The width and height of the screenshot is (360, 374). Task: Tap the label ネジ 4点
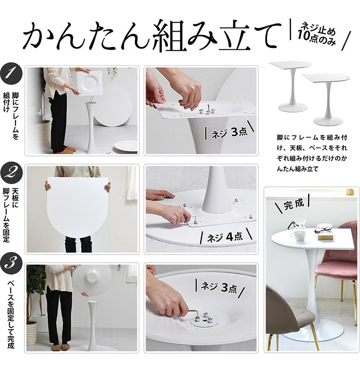click(x=226, y=236)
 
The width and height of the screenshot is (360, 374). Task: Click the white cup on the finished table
click(x=298, y=235)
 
